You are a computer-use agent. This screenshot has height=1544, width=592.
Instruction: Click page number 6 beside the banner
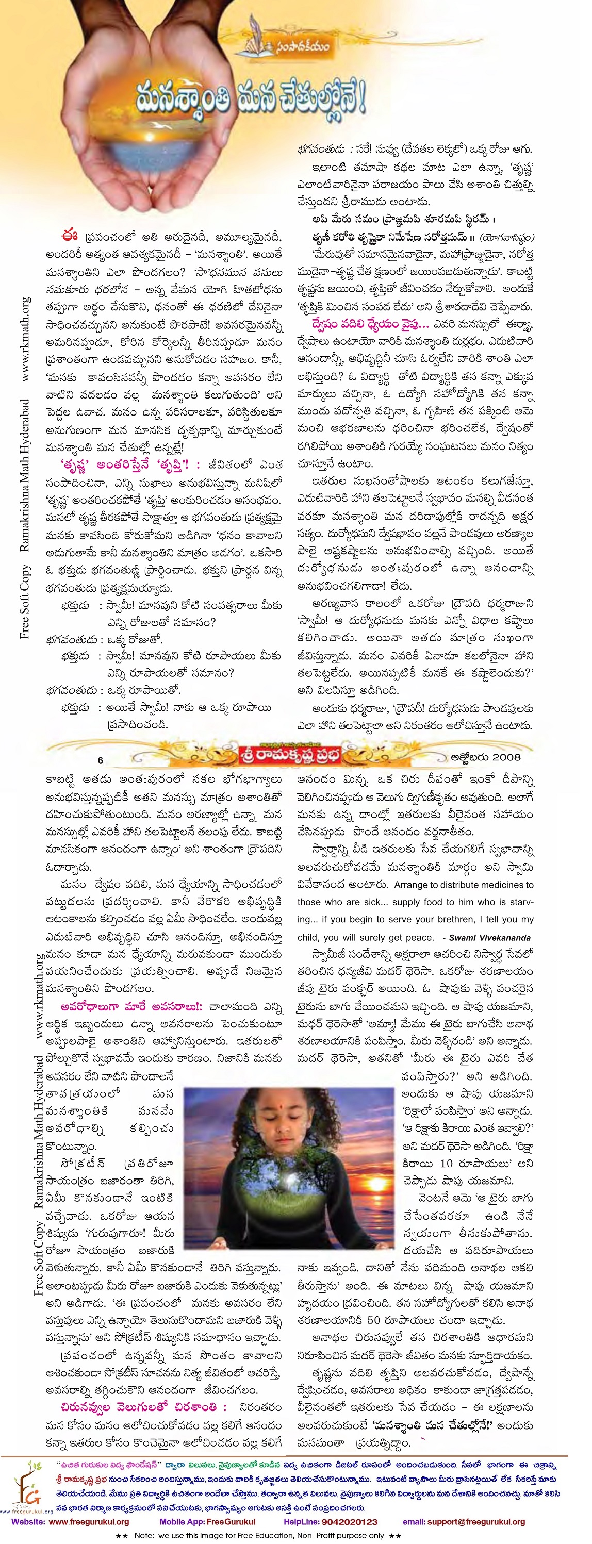100,760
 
